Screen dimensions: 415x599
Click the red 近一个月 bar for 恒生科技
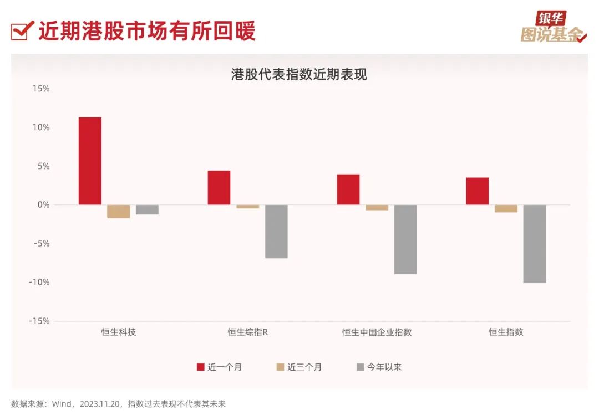pos(90,161)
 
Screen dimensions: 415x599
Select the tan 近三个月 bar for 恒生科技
pos(119,211)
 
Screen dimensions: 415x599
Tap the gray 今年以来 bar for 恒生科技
pos(147,209)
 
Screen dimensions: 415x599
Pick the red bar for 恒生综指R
pos(219,187)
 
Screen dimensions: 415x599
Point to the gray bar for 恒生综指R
pos(276,231)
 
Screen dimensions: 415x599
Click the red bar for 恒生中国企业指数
pos(348,189)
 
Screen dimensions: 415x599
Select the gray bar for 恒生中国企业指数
pos(405,239)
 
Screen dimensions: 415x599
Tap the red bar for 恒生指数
pos(477,191)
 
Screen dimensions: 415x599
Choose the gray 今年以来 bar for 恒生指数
pos(535,244)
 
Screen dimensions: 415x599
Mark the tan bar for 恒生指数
pos(506,208)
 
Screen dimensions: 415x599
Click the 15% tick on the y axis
pos(40,89)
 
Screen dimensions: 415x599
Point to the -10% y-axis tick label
pos(39,283)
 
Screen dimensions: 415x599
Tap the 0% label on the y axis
pos(43,205)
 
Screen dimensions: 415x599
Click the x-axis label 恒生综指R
pos(247,332)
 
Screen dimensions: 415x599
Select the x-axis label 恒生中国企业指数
pos(377,332)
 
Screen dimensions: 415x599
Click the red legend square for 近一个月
pos(201,367)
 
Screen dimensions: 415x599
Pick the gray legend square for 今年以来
pos(361,367)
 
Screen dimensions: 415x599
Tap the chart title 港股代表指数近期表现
pos(299,74)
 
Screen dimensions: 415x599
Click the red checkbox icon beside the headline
pos(20,32)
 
